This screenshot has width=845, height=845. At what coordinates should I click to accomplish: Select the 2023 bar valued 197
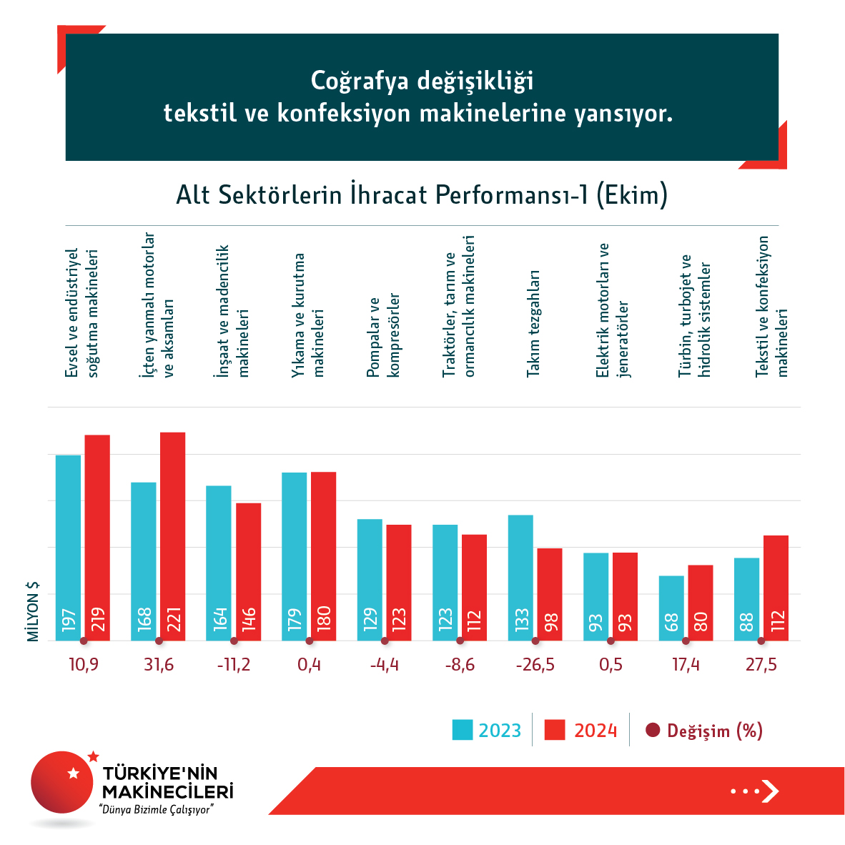(69, 547)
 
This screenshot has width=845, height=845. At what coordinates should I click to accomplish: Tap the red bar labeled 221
(172, 536)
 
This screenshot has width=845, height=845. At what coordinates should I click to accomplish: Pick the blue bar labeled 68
(671, 608)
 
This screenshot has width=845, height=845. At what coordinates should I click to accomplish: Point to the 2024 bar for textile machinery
(776, 588)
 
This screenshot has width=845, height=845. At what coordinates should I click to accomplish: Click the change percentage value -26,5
(535, 665)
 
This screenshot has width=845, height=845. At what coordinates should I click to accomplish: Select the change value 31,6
(159, 665)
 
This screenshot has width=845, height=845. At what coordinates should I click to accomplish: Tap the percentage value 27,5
(761, 665)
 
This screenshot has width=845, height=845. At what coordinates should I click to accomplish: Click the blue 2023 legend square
(463, 730)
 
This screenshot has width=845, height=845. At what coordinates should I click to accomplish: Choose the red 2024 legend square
(555, 730)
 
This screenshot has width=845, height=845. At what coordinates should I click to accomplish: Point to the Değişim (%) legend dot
(652, 730)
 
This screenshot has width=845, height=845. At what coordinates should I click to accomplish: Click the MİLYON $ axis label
(33, 611)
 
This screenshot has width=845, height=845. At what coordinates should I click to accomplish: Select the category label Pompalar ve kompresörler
(383, 336)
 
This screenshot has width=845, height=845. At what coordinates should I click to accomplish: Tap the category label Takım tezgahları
(533, 323)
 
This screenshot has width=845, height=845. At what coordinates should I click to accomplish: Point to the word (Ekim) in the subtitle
(631, 194)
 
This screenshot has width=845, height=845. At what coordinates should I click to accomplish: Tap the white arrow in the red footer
(770, 791)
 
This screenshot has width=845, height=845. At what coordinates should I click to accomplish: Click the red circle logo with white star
(62, 781)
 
